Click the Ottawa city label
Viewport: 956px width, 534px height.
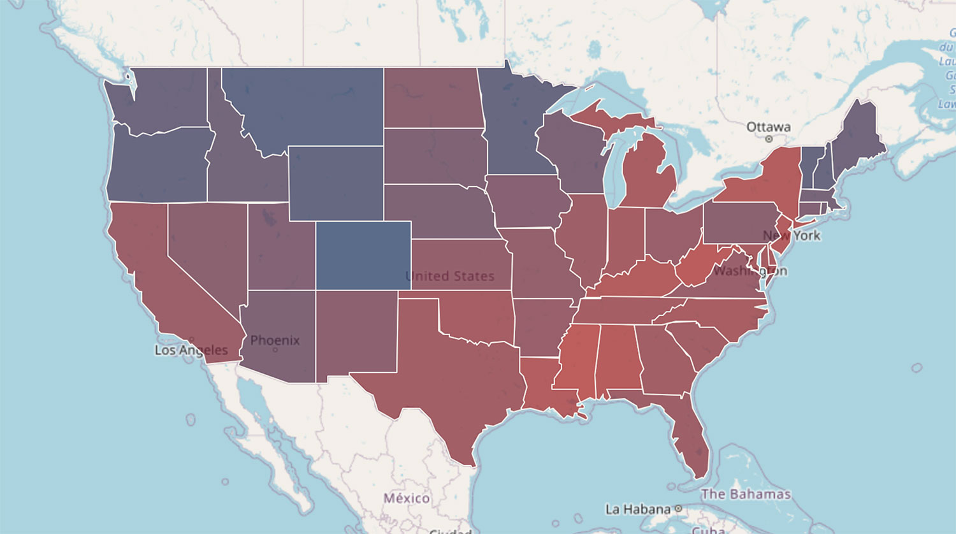(768, 127)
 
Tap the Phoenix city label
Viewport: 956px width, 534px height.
(275, 340)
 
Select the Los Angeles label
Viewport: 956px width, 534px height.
(191, 350)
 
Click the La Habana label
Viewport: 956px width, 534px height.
(638, 509)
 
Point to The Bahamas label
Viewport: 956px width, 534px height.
(746, 494)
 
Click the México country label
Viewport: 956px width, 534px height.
(407, 498)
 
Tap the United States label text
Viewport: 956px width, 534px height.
(450, 276)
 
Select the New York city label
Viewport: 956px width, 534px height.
(792, 235)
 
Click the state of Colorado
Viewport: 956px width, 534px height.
(363, 255)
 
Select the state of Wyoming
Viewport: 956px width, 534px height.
(336, 183)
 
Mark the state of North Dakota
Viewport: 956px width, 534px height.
(431, 97)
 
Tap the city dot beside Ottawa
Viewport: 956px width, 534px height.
(769, 139)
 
